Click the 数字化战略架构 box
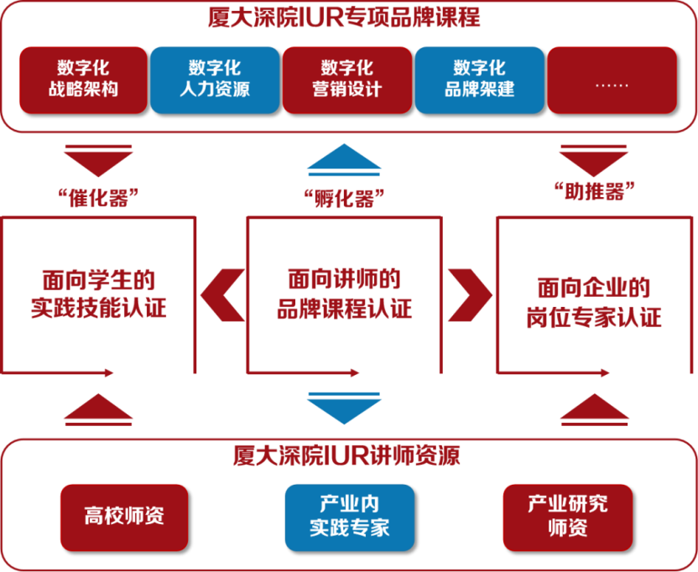[x=83, y=79]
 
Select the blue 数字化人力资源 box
[x=215, y=79]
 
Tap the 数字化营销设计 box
[x=347, y=79]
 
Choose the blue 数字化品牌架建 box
[x=480, y=79]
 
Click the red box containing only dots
[x=612, y=79]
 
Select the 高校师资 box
[x=124, y=516]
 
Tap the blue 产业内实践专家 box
[x=349, y=516]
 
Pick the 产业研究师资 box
[x=567, y=516]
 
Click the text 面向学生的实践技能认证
[x=99, y=294]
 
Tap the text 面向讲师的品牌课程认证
[x=344, y=294]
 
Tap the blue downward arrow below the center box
[x=344, y=406]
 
